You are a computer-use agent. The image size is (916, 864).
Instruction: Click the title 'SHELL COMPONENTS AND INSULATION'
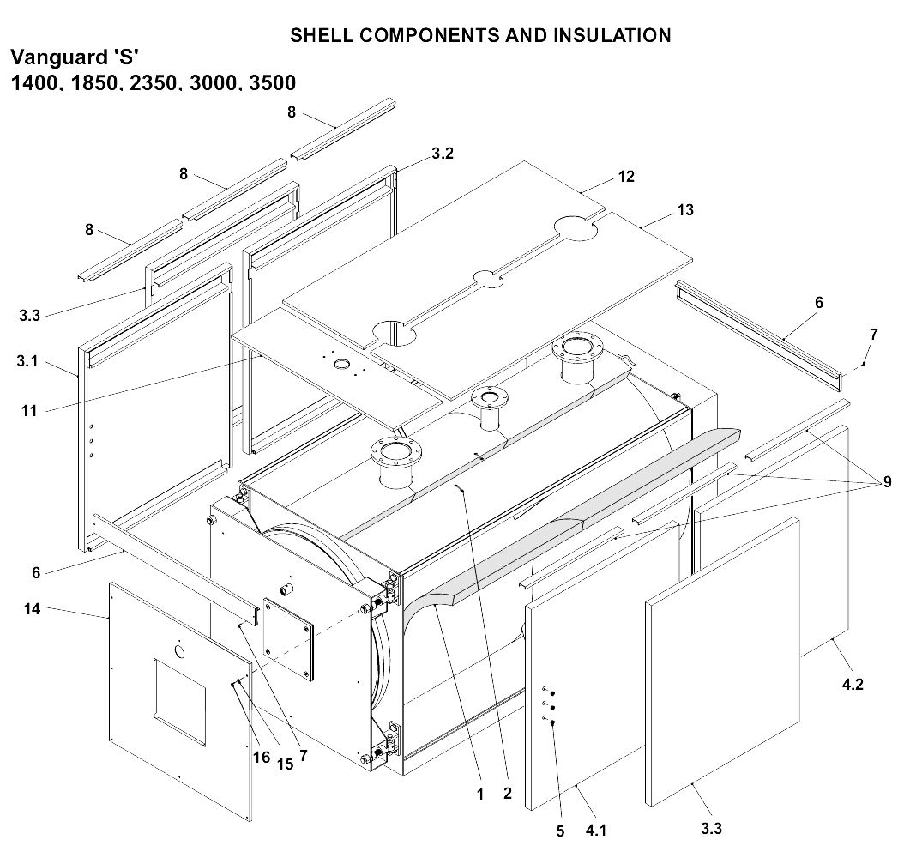click(x=480, y=35)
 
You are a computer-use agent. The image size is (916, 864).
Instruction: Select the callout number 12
click(x=626, y=176)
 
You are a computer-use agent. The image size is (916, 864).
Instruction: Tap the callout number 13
click(x=684, y=210)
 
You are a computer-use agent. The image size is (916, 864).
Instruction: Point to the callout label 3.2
click(x=443, y=154)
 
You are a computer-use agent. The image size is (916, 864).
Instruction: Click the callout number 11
click(x=29, y=411)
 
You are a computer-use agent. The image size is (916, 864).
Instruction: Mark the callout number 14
click(x=33, y=609)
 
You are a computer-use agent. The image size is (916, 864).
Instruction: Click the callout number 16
click(x=261, y=758)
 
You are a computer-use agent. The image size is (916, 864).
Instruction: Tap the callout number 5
click(x=559, y=831)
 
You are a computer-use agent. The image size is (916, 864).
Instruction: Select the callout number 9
click(x=887, y=482)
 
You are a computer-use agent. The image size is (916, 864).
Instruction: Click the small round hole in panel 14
click(x=179, y=653)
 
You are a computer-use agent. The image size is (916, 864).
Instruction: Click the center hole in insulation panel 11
click(x=342, y=366)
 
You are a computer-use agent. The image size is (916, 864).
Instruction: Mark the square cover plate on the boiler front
click(x=288, y=637)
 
